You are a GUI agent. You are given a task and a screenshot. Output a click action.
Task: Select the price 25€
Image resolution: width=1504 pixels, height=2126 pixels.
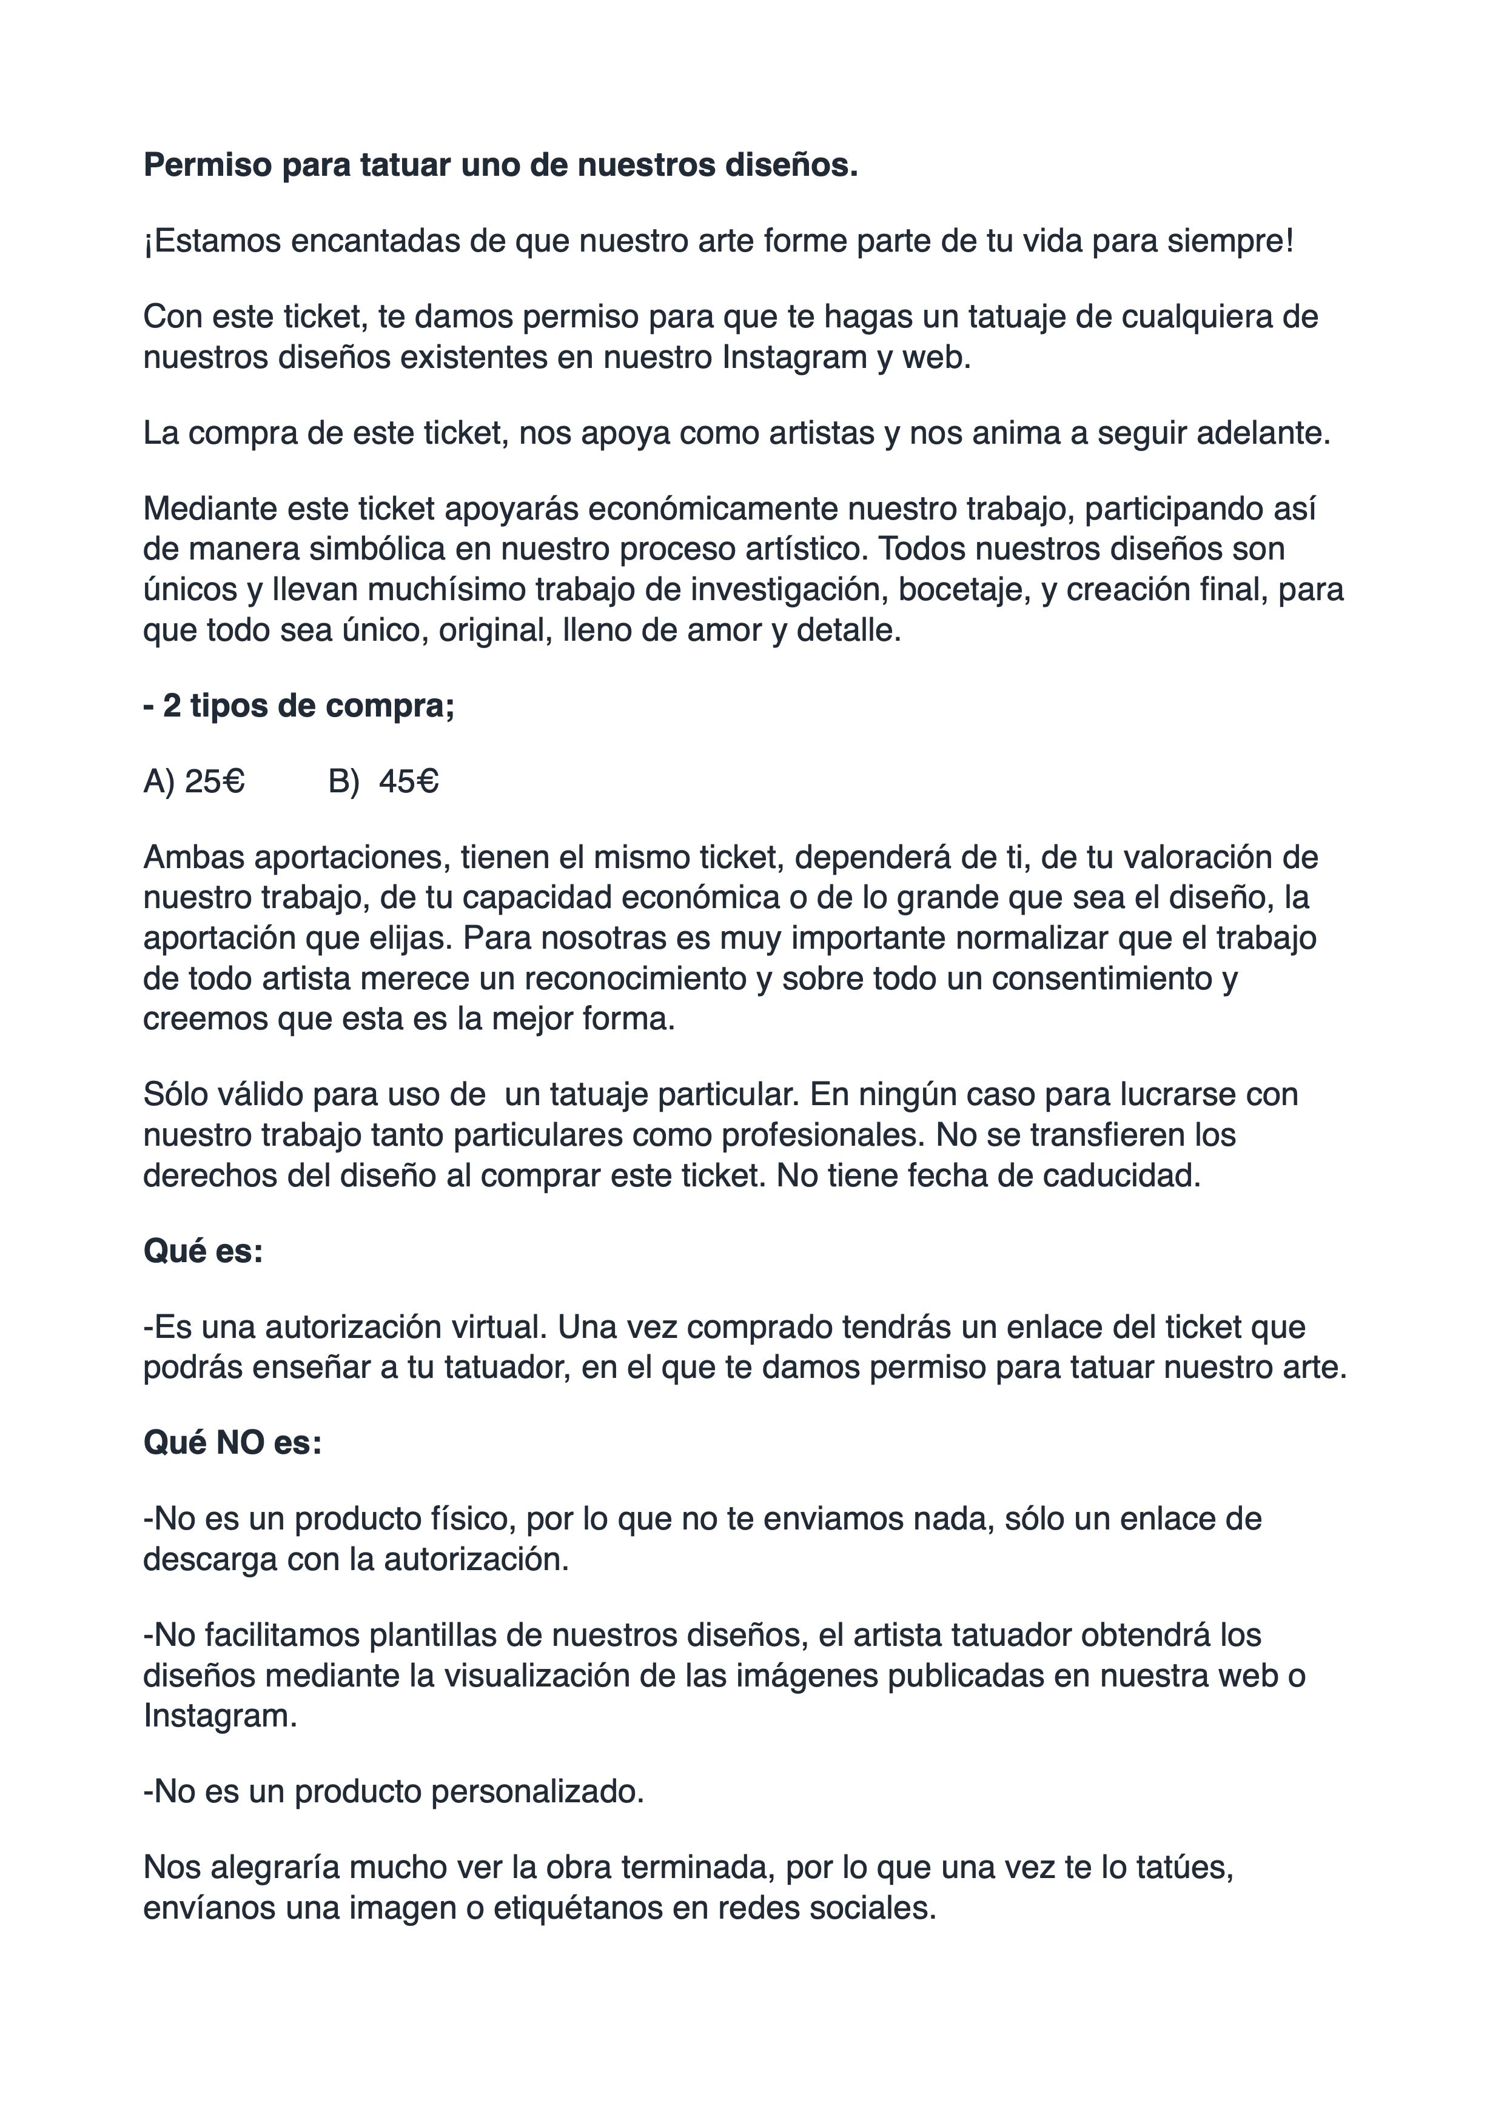coord(215,783)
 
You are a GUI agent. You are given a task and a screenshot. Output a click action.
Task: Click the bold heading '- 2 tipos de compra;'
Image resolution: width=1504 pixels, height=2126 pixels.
coord(299,706)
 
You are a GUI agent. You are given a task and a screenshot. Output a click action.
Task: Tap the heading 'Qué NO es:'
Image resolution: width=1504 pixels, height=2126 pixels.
coord(232,1443)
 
